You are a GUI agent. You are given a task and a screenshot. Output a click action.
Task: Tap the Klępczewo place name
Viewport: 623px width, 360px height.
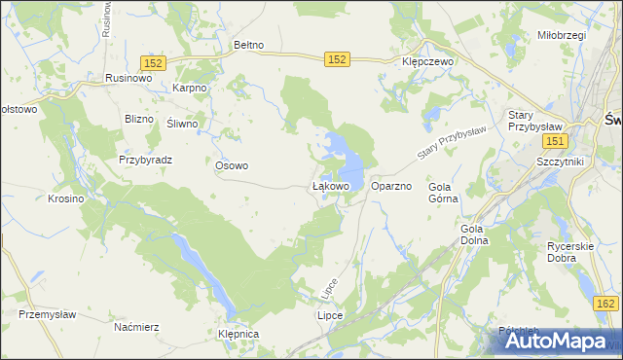(429, 59)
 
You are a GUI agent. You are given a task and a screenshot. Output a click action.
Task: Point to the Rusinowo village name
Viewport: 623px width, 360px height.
(128, 78)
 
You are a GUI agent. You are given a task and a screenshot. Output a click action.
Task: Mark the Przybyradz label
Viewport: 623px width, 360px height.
(145, 160)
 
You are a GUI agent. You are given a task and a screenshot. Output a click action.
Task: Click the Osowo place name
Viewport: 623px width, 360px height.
(232, 165)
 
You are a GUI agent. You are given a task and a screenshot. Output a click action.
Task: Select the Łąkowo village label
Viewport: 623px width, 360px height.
(330, 185)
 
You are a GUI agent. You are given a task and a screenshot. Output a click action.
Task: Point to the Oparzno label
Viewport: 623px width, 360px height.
(392, 186)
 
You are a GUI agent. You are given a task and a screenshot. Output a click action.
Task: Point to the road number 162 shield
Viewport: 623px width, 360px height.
(605, 305)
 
